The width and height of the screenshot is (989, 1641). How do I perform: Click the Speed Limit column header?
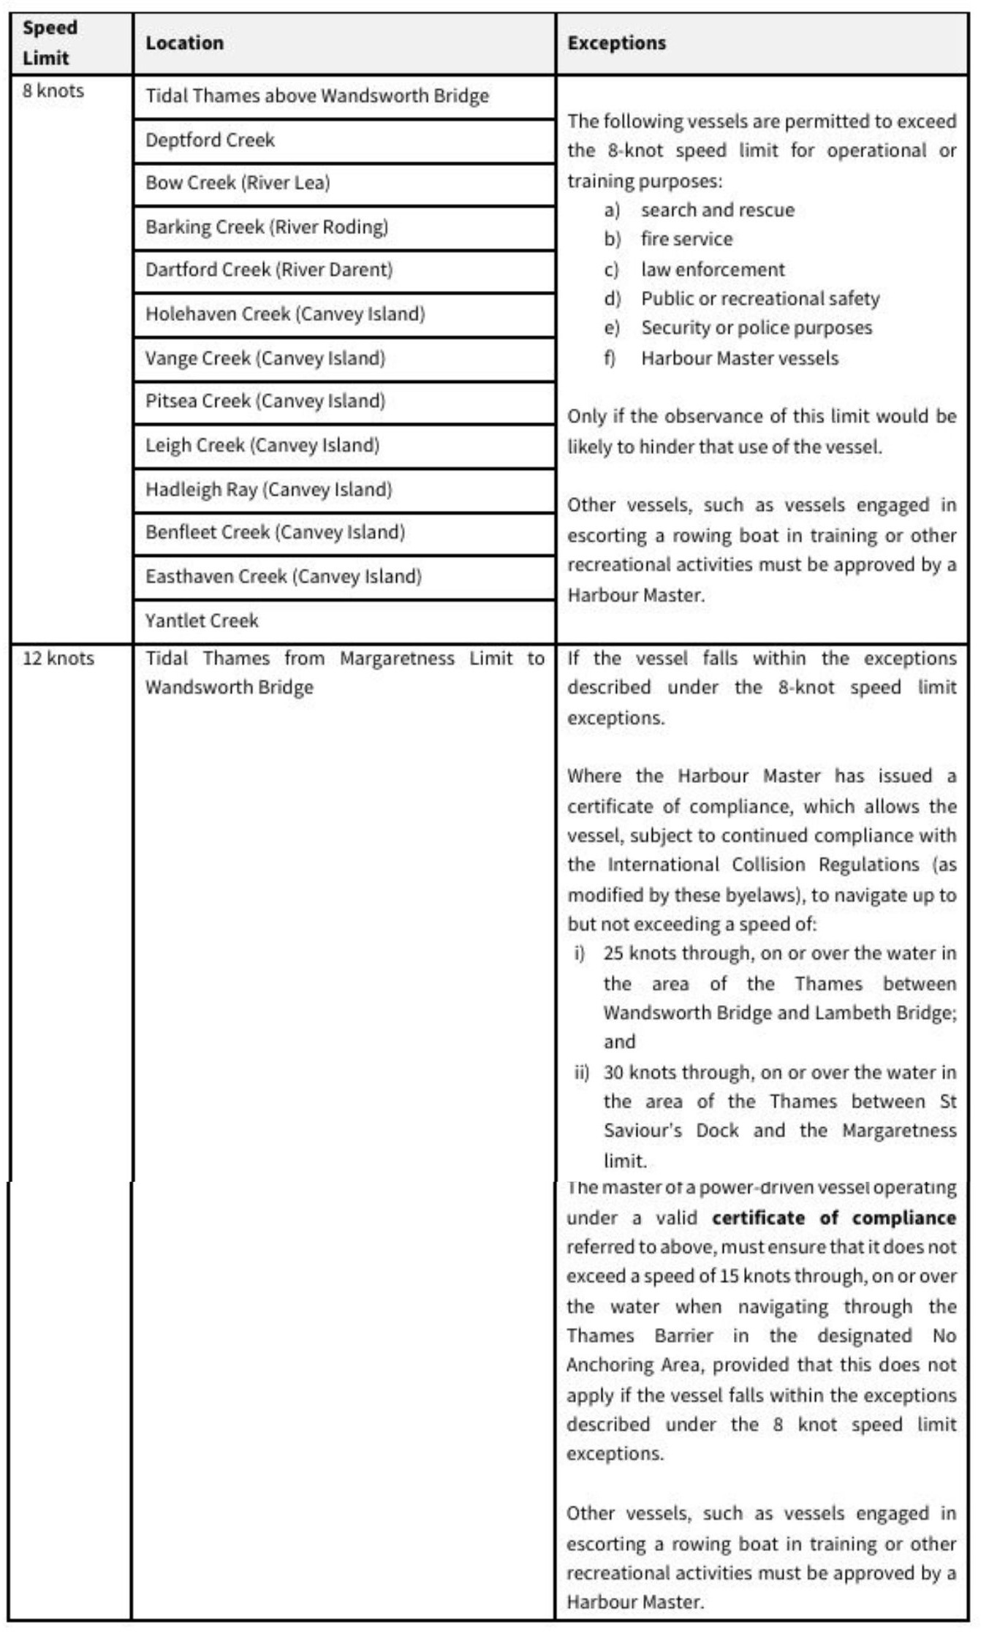point(50,42)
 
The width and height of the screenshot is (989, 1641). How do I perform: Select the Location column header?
point(184,43)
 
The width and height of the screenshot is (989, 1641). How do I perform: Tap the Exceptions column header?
point(616,43)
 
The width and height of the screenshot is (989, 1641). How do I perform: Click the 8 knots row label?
point(53,91)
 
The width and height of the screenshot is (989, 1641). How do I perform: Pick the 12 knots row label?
point(58,658)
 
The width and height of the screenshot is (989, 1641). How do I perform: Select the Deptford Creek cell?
point(210,140)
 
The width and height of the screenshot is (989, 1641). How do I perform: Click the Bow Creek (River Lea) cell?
point(238,183)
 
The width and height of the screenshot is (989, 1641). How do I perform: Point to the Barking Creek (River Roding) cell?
point(267,227)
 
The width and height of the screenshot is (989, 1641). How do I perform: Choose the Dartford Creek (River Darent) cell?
point(269,270)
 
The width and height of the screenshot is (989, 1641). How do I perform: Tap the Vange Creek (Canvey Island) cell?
point(265,358)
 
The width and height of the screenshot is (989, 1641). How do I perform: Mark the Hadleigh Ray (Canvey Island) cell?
point(268,489)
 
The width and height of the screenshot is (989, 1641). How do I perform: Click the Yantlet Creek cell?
point(202,621)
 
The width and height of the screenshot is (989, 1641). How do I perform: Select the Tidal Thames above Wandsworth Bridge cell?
point(317,96)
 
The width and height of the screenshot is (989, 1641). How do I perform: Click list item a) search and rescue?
point(716,211)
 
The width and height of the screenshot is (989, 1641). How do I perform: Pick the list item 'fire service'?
point(686,239)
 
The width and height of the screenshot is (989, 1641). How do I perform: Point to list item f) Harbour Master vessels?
point(739,358)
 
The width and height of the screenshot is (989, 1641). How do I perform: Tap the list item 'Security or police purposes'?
point(756,327)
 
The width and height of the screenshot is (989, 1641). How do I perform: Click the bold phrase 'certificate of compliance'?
point(834,1218)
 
